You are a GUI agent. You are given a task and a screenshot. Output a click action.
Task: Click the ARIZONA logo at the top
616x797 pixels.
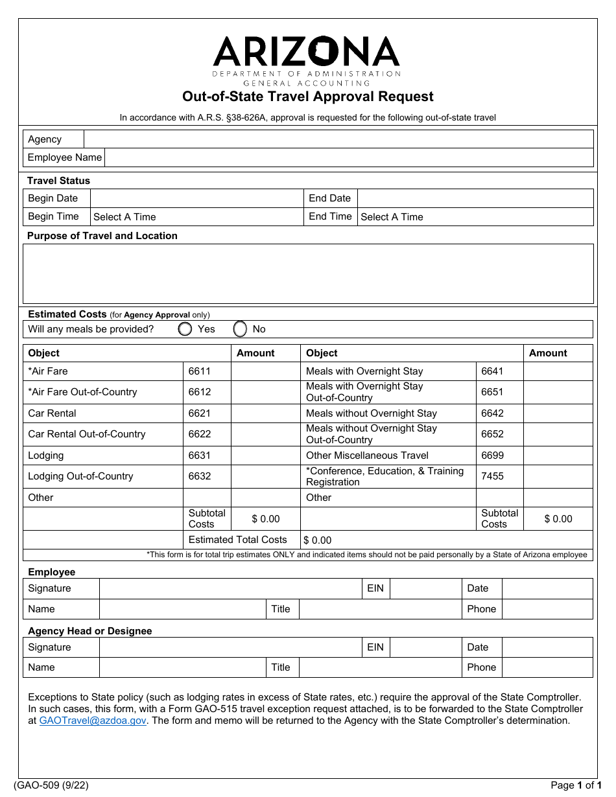(x=307, y=52)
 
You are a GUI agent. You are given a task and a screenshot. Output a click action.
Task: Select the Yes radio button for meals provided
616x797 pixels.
(x=185, y=329)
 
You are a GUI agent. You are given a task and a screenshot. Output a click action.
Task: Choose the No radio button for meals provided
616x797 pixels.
(x=240, y=329)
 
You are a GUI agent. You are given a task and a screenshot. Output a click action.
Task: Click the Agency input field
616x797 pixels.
(x=338, y=139)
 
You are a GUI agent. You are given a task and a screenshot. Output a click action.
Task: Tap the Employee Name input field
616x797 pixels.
(x=348, y=157)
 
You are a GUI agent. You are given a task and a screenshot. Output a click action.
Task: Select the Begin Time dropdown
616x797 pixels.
(x=197, y=217)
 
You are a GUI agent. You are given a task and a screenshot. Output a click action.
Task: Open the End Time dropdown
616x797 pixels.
(x=475, y=217)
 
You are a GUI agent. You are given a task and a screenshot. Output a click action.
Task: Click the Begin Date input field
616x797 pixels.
(x=197, y=198)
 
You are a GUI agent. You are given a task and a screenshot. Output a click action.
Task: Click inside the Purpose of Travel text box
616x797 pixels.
(x=308, y=273)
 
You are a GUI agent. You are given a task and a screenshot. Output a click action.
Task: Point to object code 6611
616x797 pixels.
(x=200, y=371)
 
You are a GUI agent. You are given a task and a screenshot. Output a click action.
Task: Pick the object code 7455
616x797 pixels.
(x=492, y=476)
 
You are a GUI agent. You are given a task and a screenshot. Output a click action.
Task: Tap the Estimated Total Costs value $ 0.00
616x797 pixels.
(x=318, y=540)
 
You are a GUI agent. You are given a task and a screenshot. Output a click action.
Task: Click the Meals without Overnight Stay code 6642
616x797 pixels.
(x=492, y=413)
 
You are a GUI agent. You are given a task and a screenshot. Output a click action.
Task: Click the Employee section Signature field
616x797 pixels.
(x=230, y=588)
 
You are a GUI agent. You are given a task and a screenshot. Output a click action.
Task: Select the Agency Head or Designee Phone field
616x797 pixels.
(x=547, y=667)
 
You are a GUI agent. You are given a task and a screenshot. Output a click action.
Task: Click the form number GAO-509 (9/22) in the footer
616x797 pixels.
(x=51, y=785)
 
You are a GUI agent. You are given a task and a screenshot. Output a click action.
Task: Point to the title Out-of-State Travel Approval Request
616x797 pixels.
(x=307, y=97)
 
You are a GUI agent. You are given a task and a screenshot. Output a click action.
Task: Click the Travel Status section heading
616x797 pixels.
(x=58, y=181)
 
